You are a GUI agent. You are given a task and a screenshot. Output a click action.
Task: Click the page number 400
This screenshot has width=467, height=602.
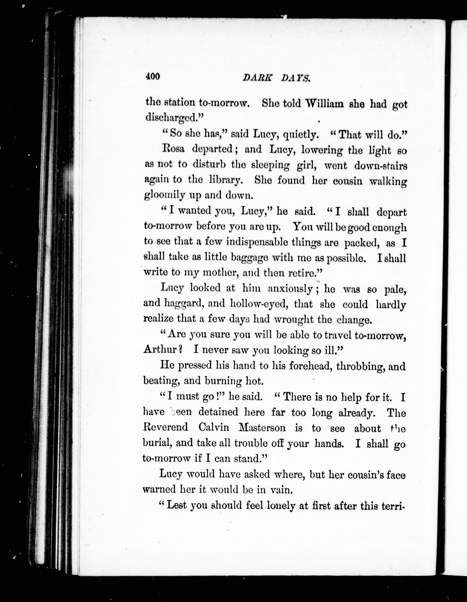pyautogui.click(x=153, y=76)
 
